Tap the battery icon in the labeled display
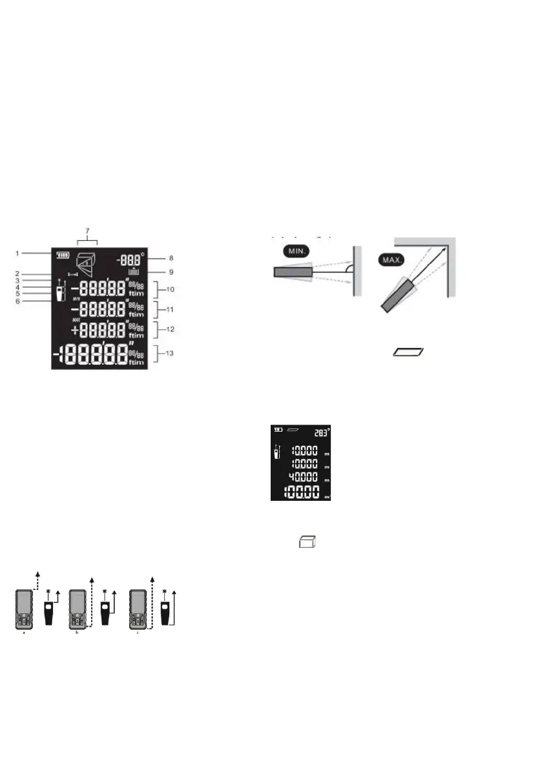pos(62,254)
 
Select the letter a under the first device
pos(25,634)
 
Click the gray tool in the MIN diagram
pos(293,272)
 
